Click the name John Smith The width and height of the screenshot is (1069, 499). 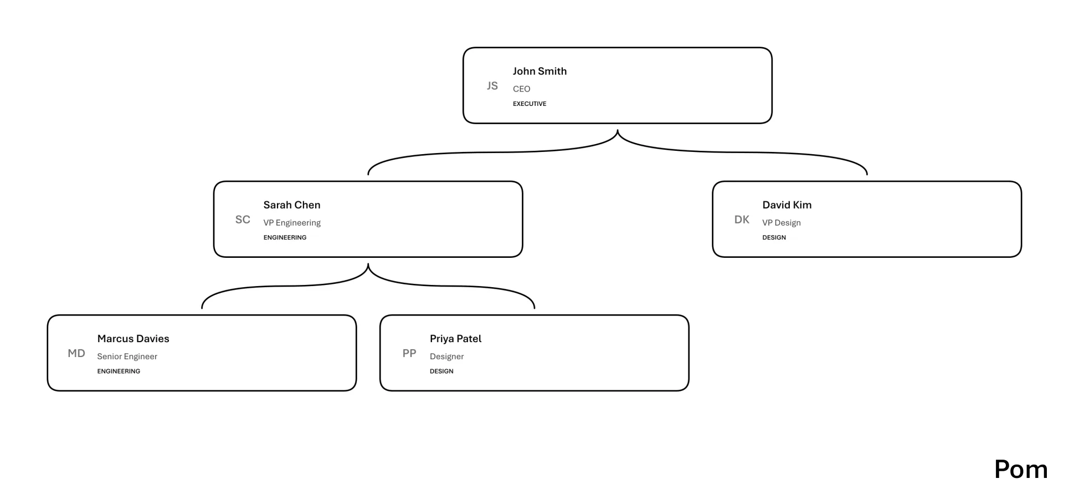tap(539, 71)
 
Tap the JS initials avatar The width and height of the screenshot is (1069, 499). tap(492, 86)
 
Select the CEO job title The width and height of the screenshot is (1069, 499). tap(521, 89)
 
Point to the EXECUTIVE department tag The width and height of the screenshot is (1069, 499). tap(530, 104)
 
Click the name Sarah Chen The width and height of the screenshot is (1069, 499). tap(292, 205)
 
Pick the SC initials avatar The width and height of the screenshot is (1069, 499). tap(243, 220)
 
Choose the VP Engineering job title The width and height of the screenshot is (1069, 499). tap(292, 223)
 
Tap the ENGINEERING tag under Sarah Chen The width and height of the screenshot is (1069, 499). tap(285, 237)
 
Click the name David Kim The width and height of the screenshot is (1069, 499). tap(787, 205)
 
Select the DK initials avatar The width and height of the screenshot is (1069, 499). tap(742, 220)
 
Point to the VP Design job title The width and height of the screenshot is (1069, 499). tap(781, 223)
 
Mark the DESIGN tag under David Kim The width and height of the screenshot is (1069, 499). tap(774, 237)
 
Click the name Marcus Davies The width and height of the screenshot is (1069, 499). tap(133, 339)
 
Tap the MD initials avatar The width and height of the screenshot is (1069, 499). tap(76, 353)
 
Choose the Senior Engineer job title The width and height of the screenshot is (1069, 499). tap(127, 357)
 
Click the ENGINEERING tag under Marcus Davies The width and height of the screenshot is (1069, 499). tap(119, 371)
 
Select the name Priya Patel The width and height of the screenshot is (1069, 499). tap(455, 339)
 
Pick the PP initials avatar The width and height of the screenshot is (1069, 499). tap(409, 353)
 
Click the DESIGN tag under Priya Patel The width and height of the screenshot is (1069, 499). tap(441, 371)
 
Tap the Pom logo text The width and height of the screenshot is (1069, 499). tap(1021, 470)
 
